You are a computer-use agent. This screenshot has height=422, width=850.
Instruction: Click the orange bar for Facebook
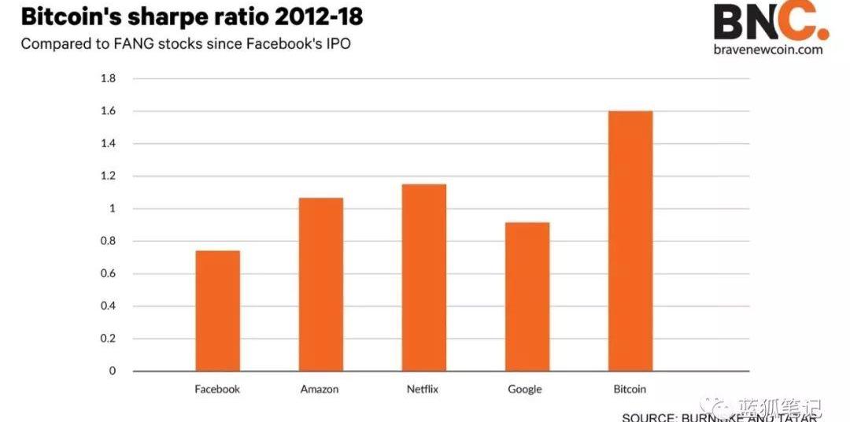pyautogui.click(x=217, y=310)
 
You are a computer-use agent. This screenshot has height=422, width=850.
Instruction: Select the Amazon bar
pyautogui.click(x=320, y=284)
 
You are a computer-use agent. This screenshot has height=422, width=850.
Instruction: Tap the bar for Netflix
pyautogui.click(x=423, y=277)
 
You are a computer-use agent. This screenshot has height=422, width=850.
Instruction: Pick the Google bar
pyautogui.click(x=527, y=297)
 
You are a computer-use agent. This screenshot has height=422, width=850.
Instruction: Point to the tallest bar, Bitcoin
pyautogui.click(x=630, y=241)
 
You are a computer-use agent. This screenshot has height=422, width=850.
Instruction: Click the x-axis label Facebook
pyautogui.click(x=217, y=389)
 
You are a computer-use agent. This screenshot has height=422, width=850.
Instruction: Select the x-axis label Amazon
pyautogui.click(x=320, y=389)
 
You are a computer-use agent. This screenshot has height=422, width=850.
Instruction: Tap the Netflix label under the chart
pyautogui.click(x=423, y=389)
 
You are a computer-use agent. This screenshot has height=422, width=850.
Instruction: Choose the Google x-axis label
pyautogui.click(x=525, y=389)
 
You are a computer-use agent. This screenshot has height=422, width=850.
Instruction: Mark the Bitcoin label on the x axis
pyautogui.click(x=630, y=389)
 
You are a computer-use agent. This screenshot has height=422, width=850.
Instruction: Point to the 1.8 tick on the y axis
pyautogui.click(x=108, y=79)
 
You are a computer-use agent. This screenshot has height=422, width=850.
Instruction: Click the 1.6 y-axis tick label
pyautogui.click(x=108, y=111)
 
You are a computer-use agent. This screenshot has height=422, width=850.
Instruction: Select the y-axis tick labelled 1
pyautogui.click(x=113, y=209)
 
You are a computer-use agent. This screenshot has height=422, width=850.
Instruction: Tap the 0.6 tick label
pyautogui.click(x=108, y=273)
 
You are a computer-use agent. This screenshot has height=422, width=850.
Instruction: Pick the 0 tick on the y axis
pyautogui.click(x=113, y=371)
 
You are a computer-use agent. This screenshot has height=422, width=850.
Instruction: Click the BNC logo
pyautogui.click(x=770, y=22)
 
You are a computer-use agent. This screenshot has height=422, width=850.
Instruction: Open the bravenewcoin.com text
pyautogui.click(x=770, y=50)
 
